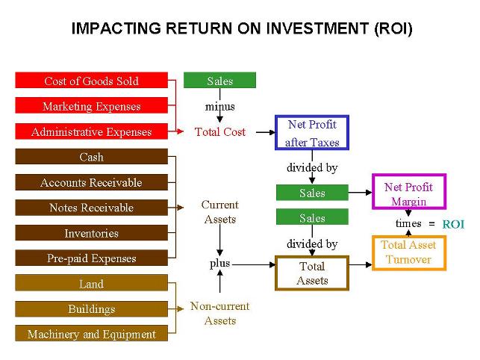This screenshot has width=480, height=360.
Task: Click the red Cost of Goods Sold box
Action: click(x=91, y=81)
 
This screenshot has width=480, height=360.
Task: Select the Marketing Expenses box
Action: click(x=91, y=106)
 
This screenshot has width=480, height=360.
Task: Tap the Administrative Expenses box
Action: click(x=91, y=131)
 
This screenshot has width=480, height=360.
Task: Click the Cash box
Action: click(x=91, y=157)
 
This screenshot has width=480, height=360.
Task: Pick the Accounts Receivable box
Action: click(x=91, y=182)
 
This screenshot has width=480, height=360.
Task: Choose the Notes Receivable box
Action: click(x=91, y=208)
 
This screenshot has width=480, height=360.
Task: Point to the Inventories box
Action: click(x=91, y=233)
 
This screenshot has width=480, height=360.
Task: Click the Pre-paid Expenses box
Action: click(x=91, y=258)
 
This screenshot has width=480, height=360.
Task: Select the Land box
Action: click(x=91, y=284)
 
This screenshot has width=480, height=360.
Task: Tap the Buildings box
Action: click(x=91, y=309)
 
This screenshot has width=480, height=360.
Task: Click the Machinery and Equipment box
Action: click(x=91, y=334)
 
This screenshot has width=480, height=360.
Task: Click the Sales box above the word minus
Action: click(x=219, y=81)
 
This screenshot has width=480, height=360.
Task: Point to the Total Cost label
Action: click(x=219, y=132)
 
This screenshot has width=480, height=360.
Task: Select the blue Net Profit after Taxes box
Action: click(x=312, y=133)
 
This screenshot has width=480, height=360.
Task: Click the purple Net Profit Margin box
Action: click(x=408, y=193)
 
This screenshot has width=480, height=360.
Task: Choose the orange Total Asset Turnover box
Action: click(x=408, y=252)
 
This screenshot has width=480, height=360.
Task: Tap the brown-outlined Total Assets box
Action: click(x=311, y=273)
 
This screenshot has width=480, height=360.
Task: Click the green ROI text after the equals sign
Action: click(x=452, y=224)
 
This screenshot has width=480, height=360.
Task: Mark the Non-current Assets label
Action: click(x=219, y=314)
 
